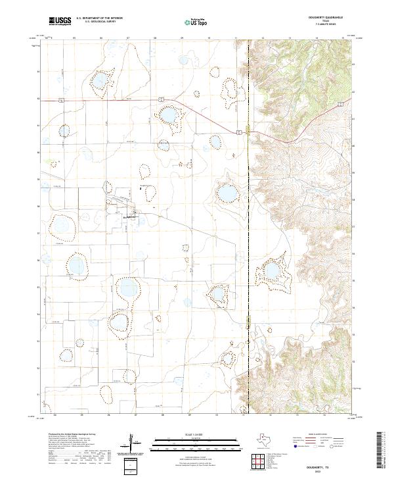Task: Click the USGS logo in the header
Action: tap(60, 21)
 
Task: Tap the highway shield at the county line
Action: tap(240, 132)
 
